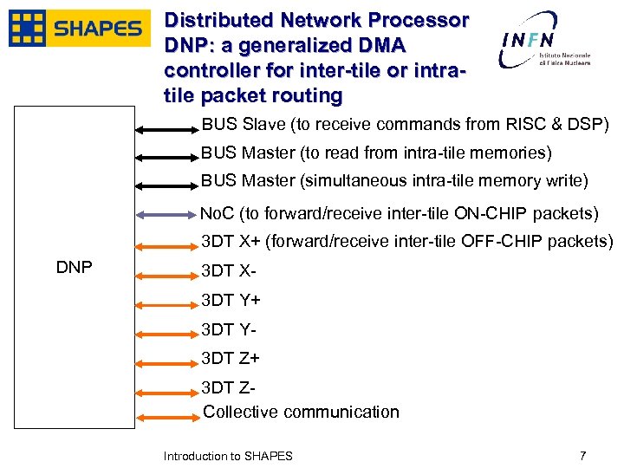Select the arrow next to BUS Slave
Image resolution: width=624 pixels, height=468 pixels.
click(167, 131)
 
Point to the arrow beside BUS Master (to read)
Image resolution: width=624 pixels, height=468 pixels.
click(167, 159)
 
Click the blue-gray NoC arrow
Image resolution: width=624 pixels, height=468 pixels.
click(167, 214)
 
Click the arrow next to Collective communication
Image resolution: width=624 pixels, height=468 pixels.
click(167, 419)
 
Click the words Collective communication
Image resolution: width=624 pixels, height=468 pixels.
click(301, 412)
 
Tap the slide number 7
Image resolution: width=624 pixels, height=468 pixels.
click(583, 455)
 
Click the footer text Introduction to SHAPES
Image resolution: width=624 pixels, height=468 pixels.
click(228, 456)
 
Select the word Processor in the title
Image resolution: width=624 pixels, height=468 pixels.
click(419, 19)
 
